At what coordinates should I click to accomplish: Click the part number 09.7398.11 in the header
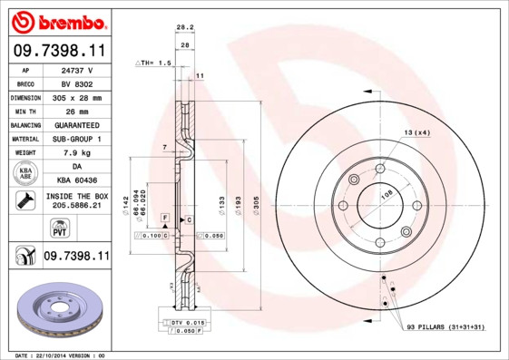(x=56, y=51)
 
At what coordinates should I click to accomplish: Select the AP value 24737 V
(x=78, y=69)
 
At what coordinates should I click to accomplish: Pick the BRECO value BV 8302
(x=78, y=83)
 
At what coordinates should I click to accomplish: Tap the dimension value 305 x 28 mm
(x=78, y=96)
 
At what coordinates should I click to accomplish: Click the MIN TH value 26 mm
(x=78, y=110)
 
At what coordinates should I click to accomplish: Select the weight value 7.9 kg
(x=78, y=152)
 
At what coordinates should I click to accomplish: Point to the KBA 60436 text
(x=78, y=180)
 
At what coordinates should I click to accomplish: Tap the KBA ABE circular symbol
(x=24, y=172)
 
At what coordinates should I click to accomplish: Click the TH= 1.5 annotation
(x=153, y=63)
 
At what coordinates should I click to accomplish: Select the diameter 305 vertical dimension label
(x=256, y=207)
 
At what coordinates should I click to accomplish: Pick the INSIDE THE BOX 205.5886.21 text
(x=77, y=201)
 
